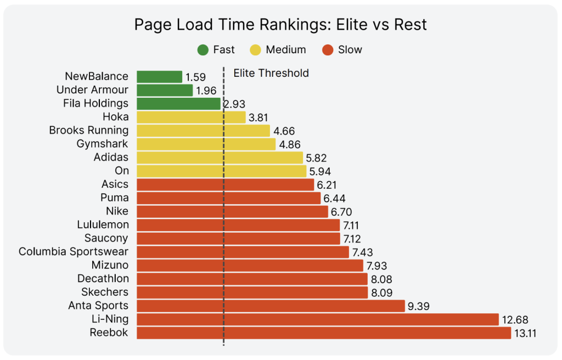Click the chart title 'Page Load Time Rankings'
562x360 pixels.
(x=280, y=25)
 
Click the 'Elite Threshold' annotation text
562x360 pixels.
(x=271, y=73)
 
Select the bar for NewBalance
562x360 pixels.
(x=159, y=77)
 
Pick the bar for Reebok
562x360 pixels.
(x=324, y=333)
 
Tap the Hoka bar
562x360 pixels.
(x=191, y=117)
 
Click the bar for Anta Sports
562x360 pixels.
(x=271, y=306)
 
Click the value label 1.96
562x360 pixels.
(x=206, y=91)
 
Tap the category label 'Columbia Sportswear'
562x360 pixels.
(x=74, y=252)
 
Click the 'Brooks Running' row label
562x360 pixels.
(x=89, y=131)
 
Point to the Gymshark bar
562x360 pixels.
(x=206, y=144)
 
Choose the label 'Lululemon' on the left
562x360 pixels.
(x=103, y=225)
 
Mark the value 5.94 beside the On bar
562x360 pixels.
(x=320, y=171)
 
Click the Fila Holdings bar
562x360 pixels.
(x=178, y=104)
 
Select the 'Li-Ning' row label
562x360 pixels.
(x=110, y=319)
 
